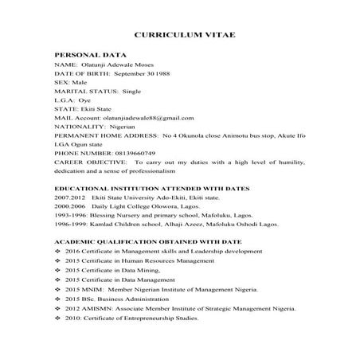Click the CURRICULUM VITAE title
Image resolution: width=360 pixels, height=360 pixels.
tap(183, 37)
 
